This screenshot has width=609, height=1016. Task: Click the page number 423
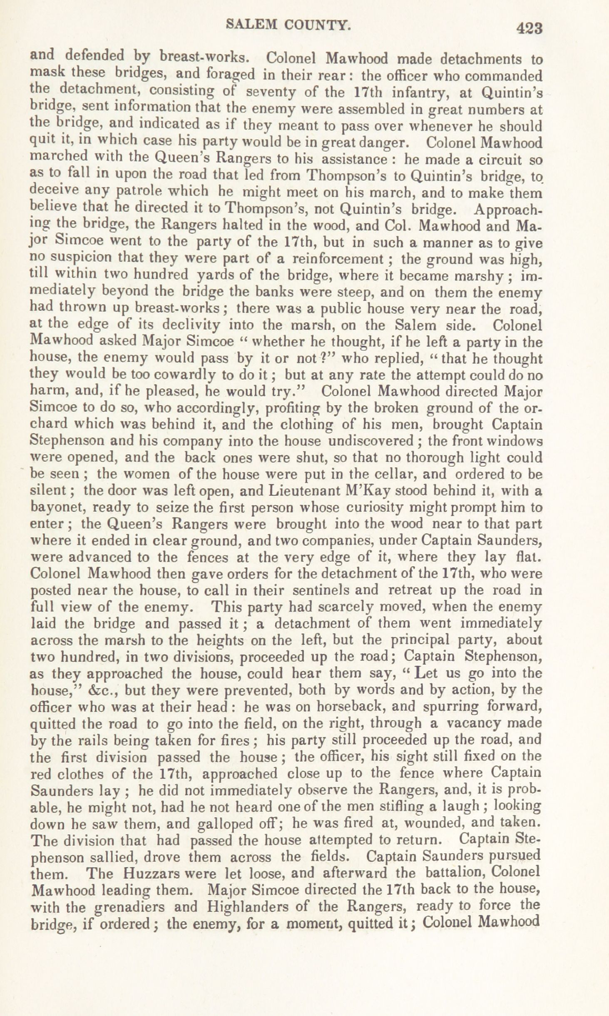(x=529, y=28)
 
